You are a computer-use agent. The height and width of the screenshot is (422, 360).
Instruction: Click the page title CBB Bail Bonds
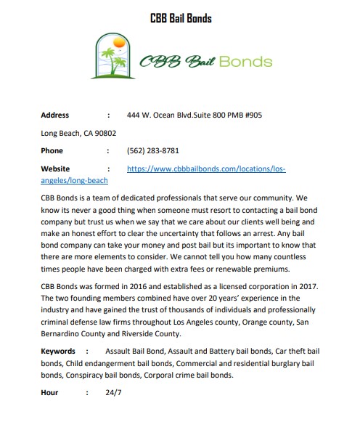click(x=180, y=17)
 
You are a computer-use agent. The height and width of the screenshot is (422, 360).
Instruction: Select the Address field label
click(x=55, y=115)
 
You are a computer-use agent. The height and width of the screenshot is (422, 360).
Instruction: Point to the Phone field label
click(x=52, y=151)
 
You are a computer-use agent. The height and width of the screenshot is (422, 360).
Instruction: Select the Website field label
click(x=55, y=169)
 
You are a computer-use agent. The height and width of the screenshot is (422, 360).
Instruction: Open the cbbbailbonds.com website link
click(x=206, y=169)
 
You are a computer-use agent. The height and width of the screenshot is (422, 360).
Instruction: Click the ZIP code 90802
click(x=102, y=133)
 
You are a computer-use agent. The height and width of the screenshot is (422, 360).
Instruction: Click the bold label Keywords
click(x=58, y=352)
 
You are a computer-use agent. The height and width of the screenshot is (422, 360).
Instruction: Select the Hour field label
click(x=51, y=393)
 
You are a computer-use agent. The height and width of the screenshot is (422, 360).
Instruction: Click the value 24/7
click(x=114, y=393)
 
